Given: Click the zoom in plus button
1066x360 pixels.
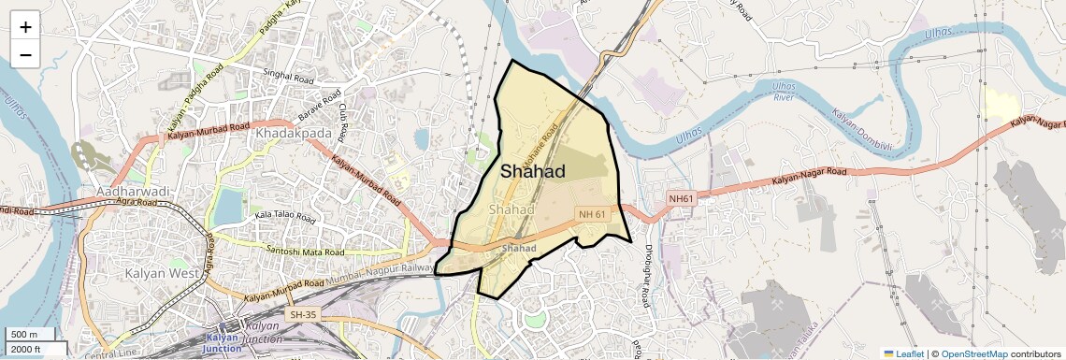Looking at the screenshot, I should [x=25, y=27].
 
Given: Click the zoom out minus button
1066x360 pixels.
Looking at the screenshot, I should [x=25, y=55].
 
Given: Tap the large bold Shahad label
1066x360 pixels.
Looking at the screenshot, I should [x=533, y=172].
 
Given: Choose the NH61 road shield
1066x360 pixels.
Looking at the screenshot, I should [x=681, y=198].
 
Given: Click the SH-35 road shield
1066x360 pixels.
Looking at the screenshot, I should [x=304, y=315].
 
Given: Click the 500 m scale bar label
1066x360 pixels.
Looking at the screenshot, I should [x=24, y=335].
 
